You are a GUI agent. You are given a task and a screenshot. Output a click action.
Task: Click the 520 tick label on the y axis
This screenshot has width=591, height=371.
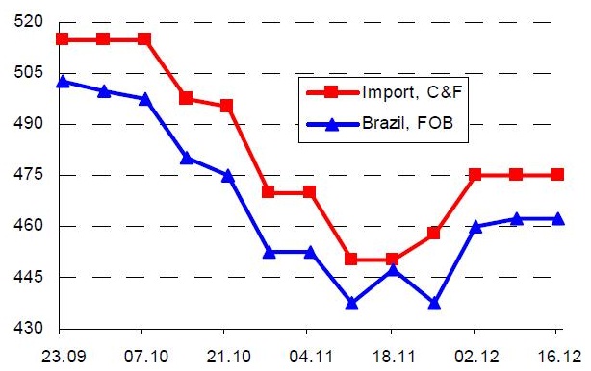coord(29,21)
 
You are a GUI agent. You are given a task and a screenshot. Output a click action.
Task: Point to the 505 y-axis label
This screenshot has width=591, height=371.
coord(29,72)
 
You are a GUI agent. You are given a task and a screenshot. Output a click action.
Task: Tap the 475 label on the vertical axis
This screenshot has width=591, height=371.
coord(29,174)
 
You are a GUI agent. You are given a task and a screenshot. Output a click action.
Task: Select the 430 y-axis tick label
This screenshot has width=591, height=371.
coord(29,328)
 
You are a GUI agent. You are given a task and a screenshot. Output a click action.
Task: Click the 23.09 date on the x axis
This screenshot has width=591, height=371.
coord(64,357)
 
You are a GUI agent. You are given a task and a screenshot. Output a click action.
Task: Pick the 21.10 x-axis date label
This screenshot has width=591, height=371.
coord(228,357)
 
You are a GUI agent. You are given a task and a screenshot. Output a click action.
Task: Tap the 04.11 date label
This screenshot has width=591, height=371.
coord(311,357)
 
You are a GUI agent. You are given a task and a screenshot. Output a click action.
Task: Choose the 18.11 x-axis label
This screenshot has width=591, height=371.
coord(394,357)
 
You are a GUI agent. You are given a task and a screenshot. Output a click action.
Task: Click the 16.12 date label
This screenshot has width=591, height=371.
coord(558,357)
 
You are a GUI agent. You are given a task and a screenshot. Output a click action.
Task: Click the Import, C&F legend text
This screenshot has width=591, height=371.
coord(412,92)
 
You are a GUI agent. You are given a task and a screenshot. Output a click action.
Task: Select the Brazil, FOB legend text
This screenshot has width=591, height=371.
coord(407,123)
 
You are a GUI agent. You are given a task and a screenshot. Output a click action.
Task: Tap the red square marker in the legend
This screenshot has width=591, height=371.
coord(331,92)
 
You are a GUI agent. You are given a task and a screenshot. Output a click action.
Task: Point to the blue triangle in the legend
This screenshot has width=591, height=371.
coord(332,123)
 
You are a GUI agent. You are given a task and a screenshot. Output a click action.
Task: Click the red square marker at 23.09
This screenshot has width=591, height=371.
coord(63,39)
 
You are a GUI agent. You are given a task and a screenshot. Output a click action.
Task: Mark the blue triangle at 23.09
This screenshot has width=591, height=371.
coord(63,82)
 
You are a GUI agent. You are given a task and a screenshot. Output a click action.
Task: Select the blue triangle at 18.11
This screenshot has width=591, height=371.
coord(393,270)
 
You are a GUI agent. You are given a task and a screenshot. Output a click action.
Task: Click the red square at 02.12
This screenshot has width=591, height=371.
coord(475,175)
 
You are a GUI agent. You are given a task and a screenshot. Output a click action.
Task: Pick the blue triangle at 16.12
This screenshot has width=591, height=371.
coord(558,218)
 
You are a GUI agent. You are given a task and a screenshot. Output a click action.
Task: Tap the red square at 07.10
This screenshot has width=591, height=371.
coord(144,39)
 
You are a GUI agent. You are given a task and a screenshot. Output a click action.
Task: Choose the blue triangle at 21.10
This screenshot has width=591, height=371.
coord(228,176)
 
